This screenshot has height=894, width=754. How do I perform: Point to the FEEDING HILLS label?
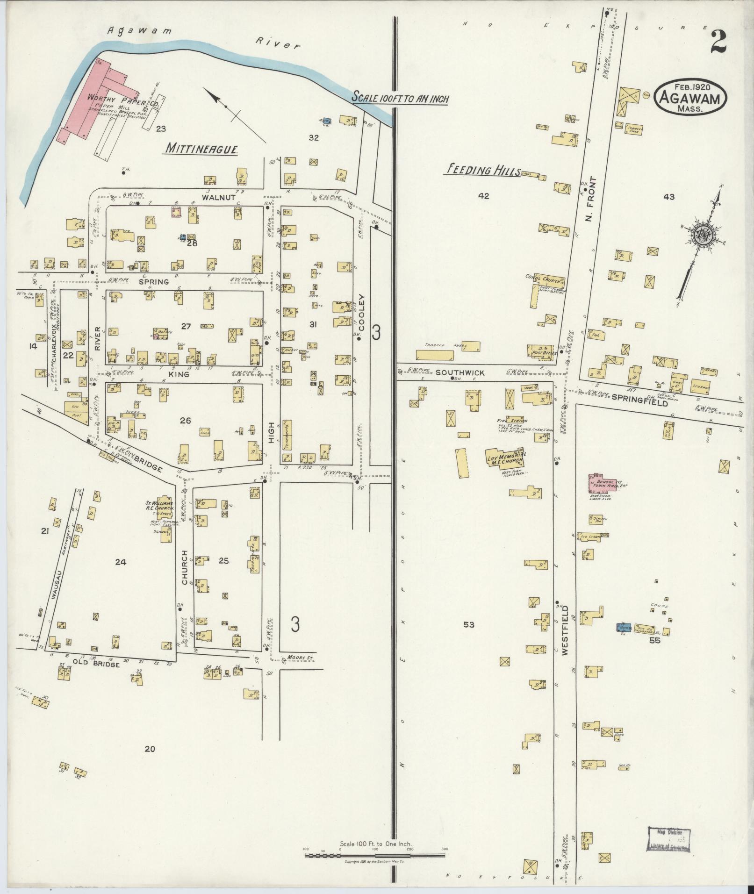click(481, 171)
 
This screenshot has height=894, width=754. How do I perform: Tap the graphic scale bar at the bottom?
click(374, 856)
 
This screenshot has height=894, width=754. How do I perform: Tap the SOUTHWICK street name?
click(454, 373)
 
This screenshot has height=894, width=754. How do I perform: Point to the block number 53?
click(469, 624)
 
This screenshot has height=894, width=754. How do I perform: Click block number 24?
click(121, 562)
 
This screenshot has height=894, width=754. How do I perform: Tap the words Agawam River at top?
click(201, 37)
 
